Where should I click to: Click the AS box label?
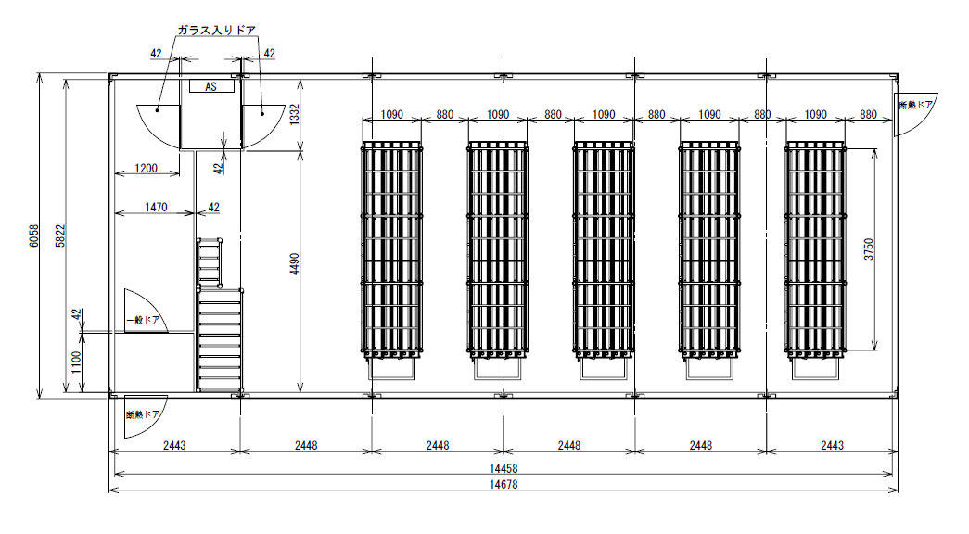click(x=211, y=86)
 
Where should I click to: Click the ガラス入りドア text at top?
click(x=216, y=30)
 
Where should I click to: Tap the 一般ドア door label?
click(x=144, y=320)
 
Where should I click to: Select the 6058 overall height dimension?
click(x=34, y=235)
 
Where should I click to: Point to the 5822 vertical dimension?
click(x=60, y=235)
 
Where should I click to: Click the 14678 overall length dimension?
click(x=504, y=485)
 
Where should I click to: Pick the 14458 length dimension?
click(x=504, y=468)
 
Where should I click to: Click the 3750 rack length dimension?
click(x=869, y=248)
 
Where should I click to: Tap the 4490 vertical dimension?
click(x=295, y=264)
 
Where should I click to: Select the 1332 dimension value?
click(x=295, y=114)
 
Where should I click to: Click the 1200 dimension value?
click(x=147, y=168)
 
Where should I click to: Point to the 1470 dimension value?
click(x=157, y=207)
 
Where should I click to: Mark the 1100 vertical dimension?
click(x=76, y=362)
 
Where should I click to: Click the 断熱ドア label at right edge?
click(x=916, y=105)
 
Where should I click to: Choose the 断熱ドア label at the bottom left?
click(x=143, y=414)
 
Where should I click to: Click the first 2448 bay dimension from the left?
click(x=306, y=445)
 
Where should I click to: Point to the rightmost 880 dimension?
click(x=868, y=114)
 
